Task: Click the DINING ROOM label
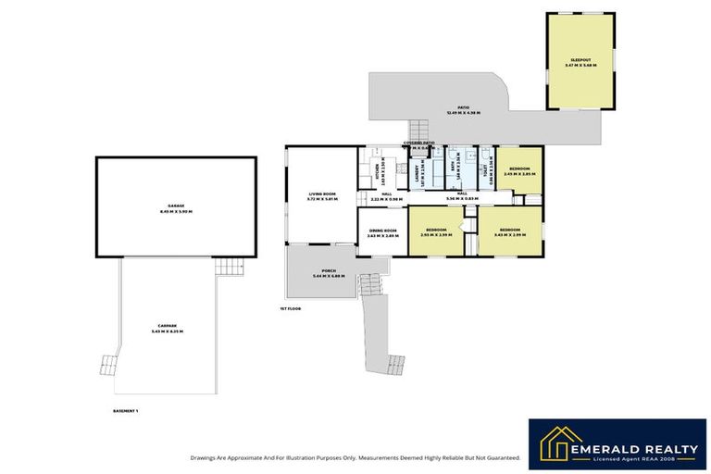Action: click(x=382, y=232)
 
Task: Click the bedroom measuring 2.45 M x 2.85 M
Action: click(x=518, y=170)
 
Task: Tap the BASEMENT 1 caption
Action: click(x=125, y=409)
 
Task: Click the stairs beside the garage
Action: click(x=228, y=267)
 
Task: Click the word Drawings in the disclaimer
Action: click(x=203, y=457)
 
